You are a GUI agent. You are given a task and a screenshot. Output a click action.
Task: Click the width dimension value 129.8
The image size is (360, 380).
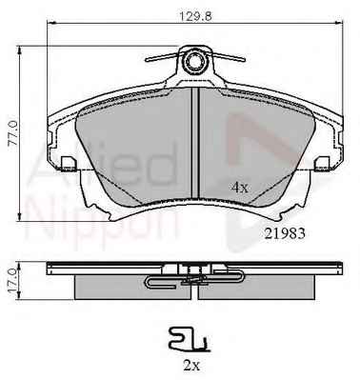[x=196, y=16]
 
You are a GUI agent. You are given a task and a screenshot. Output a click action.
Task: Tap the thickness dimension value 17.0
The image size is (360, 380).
[x=13, y=281]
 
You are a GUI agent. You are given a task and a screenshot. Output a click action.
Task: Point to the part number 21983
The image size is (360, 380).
[x=285, y=234]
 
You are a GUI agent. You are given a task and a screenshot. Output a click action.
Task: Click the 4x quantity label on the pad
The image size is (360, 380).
[x=240, y=189]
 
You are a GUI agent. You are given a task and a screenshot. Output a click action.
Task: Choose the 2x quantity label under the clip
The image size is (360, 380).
[x=191, y=366]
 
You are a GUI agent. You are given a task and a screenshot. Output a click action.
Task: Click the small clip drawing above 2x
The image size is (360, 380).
[x=190, y=340]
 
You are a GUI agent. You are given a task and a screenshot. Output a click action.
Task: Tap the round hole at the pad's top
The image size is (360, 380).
[x=194, y=61]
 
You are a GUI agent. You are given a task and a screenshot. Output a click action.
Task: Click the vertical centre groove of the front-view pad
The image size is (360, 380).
[x=195, y=143]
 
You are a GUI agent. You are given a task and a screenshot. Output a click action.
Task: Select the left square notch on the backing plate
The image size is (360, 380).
[x=69, y=164]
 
